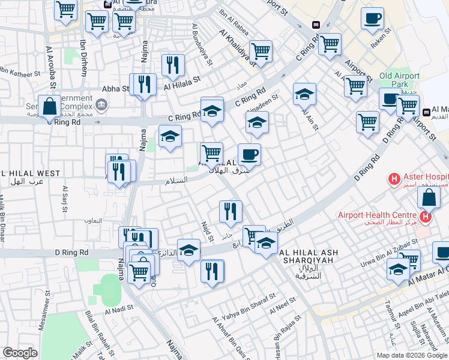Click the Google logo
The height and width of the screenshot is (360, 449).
coord(20,353)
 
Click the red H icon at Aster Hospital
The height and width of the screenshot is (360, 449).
coord(394,178)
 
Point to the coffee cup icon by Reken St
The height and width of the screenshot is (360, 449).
coord(372,19)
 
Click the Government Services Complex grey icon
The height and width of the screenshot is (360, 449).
coord(101,106)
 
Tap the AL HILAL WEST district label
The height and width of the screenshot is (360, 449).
coord(30,173)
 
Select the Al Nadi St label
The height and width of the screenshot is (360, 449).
coord(118,310)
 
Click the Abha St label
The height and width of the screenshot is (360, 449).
coord(116,88)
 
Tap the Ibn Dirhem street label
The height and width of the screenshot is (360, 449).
coord(83,58)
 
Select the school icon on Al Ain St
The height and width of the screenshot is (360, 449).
coord(304,94)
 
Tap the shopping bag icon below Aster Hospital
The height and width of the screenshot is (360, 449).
coord(429,197)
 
